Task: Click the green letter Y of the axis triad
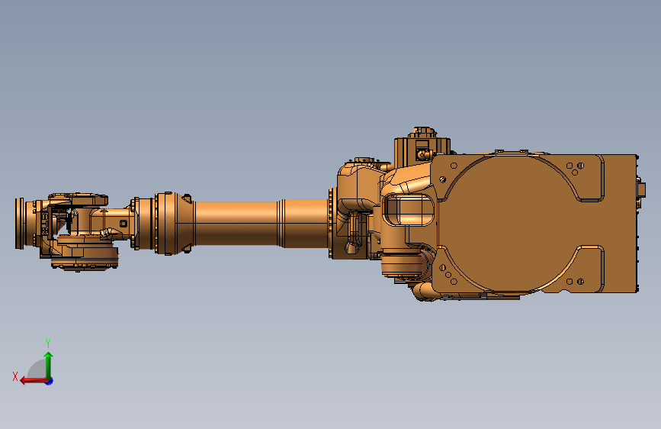[x=48, y=343]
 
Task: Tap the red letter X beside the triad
[x=15, y=376]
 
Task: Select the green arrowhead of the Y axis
[x=49, y=356]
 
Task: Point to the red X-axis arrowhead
[x=24, y=381]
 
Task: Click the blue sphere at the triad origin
[x=50, y=381]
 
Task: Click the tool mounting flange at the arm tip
[x=19, y=223]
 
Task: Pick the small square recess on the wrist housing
[x=124, y=224]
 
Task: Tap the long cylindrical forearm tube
[x=261, y=223]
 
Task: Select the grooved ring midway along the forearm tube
[x=281, y=223]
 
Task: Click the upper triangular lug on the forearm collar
[x=186, y=198]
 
